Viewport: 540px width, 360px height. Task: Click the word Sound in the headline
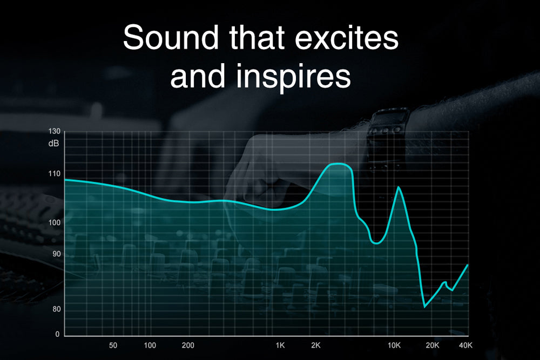click(x=171, y=37)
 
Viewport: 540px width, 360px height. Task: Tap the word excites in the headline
click(x=347, y=37)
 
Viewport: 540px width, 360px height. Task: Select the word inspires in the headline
click(x=293, y=77)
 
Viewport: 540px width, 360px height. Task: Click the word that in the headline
click(x=257, y=37)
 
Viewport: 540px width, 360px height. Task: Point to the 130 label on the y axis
click(x=54, y=132)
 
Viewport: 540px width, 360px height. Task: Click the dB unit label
click(x=53, y=143)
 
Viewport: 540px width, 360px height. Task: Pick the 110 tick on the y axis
click(x=54, y=174)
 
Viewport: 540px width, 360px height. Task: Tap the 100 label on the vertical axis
click(x=54, y=223)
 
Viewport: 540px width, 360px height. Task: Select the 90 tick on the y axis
click(x=57, y=254)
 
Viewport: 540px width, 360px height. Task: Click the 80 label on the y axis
click(x=57, y=309)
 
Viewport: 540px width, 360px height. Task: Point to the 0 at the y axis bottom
click(x=58, y=334)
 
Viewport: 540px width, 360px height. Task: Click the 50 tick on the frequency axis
click(x=113, y=345)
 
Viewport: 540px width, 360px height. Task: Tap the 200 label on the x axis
click(x=188, y=345)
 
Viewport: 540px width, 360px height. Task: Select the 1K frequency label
click(x=280, y=345)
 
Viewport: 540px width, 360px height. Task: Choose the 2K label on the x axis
click(x=316, y=345)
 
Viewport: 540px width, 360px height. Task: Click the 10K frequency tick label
click(x=394, y=345)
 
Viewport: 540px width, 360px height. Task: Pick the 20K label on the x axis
click(x=433, y=345)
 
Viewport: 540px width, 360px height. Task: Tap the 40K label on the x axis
click(x=465, y=345)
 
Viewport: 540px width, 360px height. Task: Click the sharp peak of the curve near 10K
click(x=399, y=187)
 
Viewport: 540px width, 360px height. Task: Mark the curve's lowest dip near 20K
click(x=424, y=307)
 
